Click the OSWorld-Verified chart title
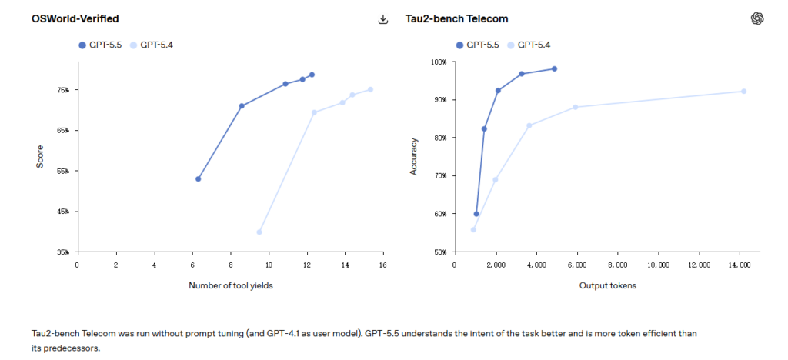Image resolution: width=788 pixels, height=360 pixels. tap(75, 18)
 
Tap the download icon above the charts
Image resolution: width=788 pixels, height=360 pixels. tap(383, 19)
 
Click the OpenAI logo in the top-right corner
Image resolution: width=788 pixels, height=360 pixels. tap(756, 18)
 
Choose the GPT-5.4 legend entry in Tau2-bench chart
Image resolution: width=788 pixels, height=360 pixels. tap(528, 45)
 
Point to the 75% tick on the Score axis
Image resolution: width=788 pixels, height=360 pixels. tap(62, 90)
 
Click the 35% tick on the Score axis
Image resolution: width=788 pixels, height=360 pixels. tap(62, 252)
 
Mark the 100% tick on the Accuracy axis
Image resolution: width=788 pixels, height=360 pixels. tap(438, 62)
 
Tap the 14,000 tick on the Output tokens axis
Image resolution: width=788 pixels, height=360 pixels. tap(740, 265)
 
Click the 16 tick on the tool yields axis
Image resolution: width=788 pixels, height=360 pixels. tap(382, 265)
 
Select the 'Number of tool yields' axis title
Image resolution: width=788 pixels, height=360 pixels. tap(229, 286)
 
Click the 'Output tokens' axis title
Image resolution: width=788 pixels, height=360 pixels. tap(607, 286)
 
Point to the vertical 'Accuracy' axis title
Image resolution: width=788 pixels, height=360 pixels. tap(413, 156)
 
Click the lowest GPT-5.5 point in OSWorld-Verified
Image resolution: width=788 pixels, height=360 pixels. tap(199, 178)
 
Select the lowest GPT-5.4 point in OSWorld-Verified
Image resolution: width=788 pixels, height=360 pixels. tap(259, 232)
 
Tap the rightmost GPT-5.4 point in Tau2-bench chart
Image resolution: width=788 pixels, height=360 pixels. tap(743, 91)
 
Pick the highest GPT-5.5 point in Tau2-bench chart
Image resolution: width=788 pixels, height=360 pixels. tap(554, 69)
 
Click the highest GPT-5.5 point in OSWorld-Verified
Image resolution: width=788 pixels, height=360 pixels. tap(312, 75)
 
